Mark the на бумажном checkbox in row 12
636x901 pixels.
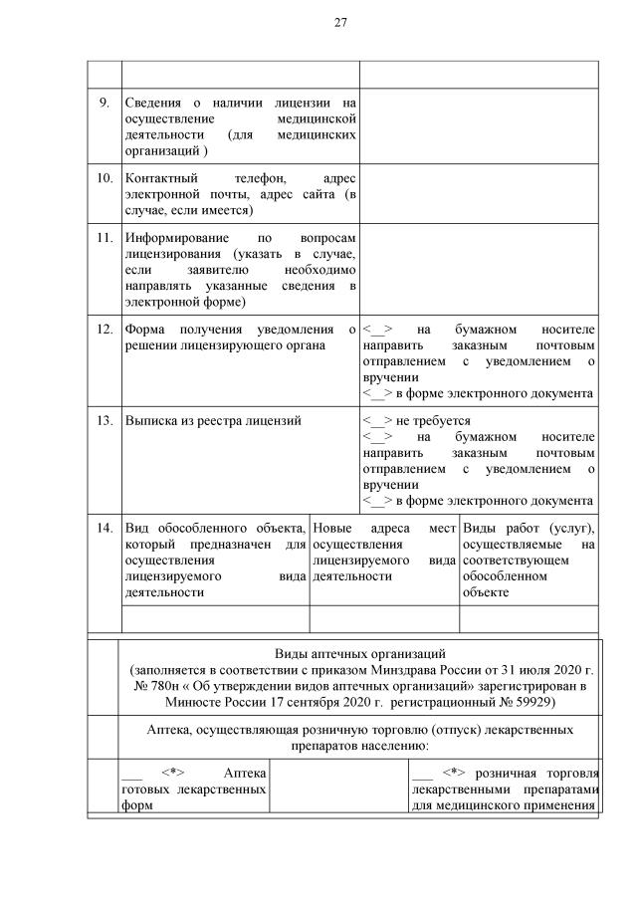pyautogui.click(x=377, y=329)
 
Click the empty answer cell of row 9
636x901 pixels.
pyautogui.click(x=478, y=124)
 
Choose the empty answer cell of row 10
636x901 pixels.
pyautogui.click(x=478, y=193)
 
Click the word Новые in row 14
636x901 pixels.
pyautogui.click(x=333, y=527)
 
